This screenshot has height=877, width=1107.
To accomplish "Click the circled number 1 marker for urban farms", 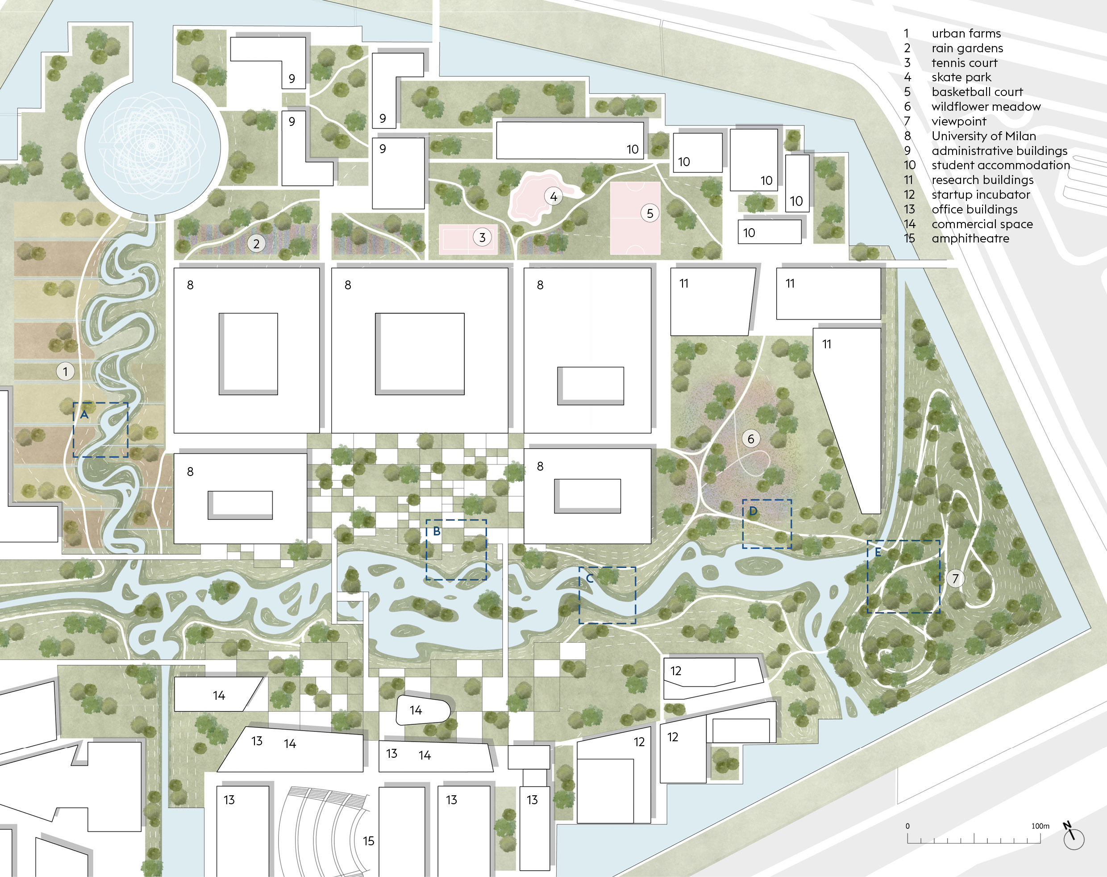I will tap(65, 371).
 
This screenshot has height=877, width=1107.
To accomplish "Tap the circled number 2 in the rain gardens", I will tap(257, 243).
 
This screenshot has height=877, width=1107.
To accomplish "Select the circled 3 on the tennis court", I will tap(482, 237).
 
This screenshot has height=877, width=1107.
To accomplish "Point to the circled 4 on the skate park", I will tap(553, 196).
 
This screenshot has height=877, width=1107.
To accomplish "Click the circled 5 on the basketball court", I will tap(650, 213).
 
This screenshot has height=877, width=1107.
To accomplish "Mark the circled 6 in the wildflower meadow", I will tap(751, 438).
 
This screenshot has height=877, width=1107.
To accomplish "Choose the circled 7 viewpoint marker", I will tap(955, 578).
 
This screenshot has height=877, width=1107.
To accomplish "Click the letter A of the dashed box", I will tap(84, 414).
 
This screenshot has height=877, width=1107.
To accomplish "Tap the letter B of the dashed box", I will tap(437, 531).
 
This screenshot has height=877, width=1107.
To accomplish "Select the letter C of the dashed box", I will tap(590, 579).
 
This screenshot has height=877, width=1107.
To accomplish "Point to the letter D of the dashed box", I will tap(753, 511).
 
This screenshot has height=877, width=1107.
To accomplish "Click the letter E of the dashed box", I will tap(878, 552).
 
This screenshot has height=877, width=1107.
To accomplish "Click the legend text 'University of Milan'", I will tap(984, 136).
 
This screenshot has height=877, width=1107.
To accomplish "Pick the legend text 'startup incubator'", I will tap(981, 195).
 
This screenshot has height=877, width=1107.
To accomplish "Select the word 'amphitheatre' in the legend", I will tap(970, 238).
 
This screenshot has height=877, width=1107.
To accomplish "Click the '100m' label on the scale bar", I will tap(1040, 826).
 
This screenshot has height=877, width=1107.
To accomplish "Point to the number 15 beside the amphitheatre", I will tap(369, 840).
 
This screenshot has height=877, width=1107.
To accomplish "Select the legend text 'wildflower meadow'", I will tap(986, 107).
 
